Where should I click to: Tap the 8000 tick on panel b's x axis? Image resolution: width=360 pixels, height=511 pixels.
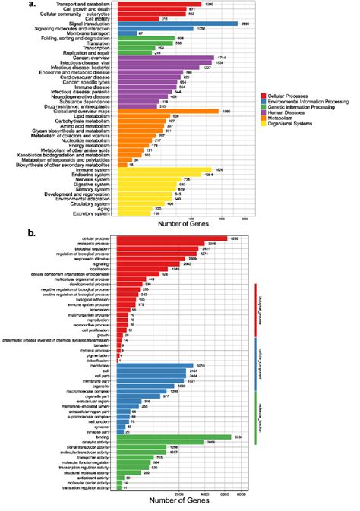tap(239, 494)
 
